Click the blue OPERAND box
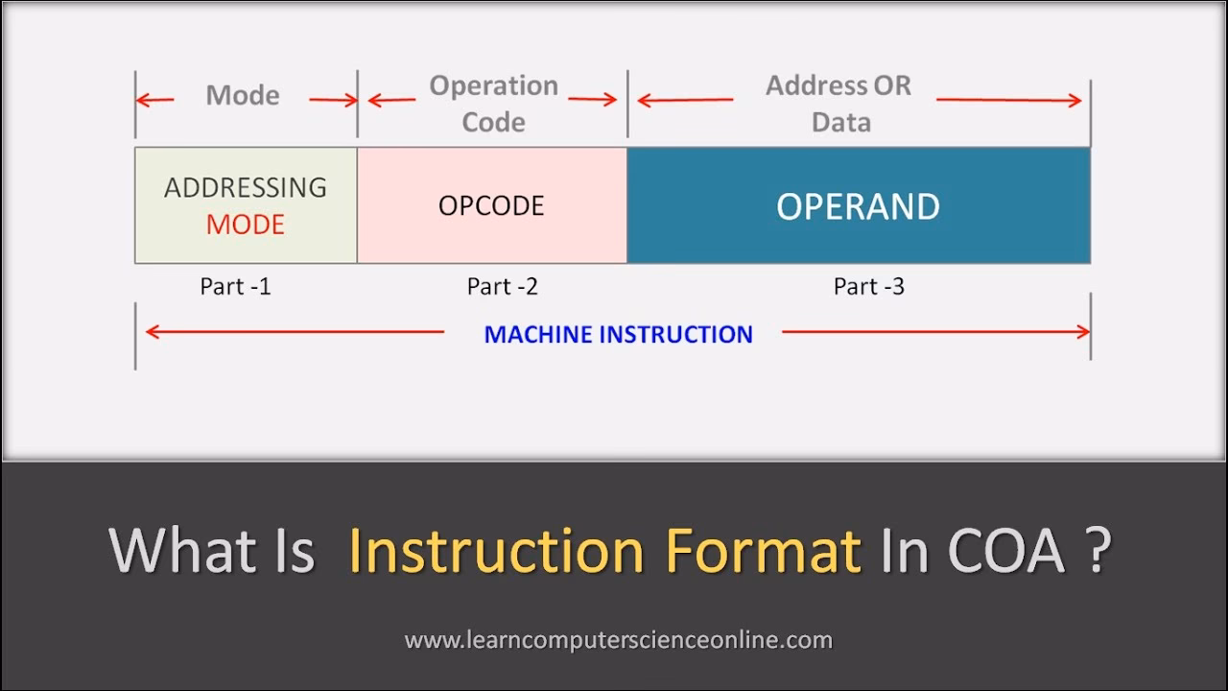858,206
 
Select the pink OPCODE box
491,205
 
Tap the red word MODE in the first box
246,225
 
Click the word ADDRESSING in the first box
246,187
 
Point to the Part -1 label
235,286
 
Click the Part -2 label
502,286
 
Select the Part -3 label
868,286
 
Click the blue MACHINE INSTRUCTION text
618,334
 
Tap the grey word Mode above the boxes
243,96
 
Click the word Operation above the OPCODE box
493,85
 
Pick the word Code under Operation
493,122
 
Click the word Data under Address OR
841,122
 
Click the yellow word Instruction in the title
495,551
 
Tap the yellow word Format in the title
763,551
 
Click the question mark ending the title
1099,551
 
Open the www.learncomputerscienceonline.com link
618,640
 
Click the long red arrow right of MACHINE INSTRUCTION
935,332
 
